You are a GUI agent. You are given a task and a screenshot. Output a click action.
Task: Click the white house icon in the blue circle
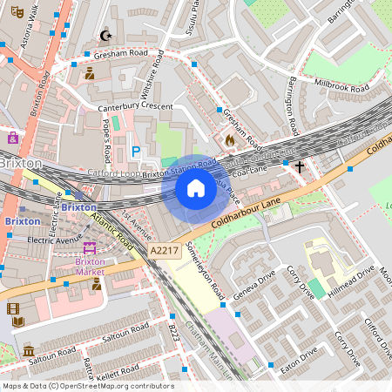[x=196, y=188]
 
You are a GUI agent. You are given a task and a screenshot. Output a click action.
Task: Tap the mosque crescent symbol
[x=106, y=36]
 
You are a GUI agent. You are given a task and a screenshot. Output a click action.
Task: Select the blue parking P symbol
[x=135, y=152]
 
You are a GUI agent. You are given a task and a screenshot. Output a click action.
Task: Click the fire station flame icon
[x=230, y=139]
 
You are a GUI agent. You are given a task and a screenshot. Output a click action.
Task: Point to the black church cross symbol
[x=300, y=166]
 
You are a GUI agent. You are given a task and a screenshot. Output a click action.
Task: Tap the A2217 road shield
[x=165, y=250]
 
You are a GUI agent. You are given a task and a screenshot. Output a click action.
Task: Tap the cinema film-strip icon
[x=13, y=308]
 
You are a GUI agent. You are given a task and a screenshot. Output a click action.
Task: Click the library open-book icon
[x=18, y=322]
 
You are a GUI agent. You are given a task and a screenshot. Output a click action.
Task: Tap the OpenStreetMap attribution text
[x=88, y=386]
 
